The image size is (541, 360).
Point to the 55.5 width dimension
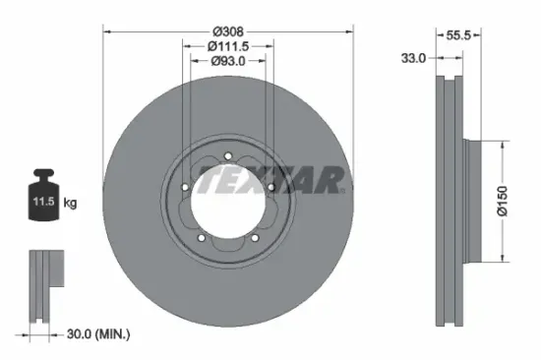pyautogui.click(x=458, y=33)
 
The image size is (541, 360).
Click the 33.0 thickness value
pyautogui.click(x=414, y=59)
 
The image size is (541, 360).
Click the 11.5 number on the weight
pyautogui.click(x=44, y=203)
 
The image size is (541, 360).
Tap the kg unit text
pyautogui.click(x=71, y=203)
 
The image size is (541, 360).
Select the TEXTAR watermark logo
pyautogui.click(x=272, y=180)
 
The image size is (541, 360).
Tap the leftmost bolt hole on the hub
pyautogui.click(x=184, y=189)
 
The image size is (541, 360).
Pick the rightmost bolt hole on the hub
pyautogui.click(x=270, y=184)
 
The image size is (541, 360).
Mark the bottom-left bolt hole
pyautogui.click(x=201, y=237)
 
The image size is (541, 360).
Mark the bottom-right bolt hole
pyautogui.click(x=255, y=234)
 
